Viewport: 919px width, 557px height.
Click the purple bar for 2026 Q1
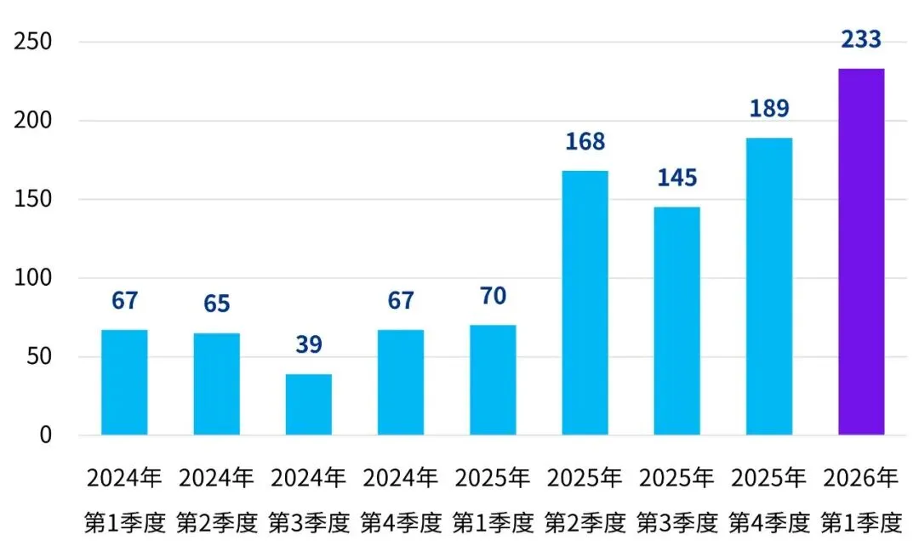pyautogui.click(x=861, y=252)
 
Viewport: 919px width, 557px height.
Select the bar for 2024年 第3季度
pyautogui.click(x=308, y=405)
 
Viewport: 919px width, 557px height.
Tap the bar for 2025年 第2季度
pyautogui.click(x=585, y=303)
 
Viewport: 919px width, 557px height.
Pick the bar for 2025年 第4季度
pyautogui.click(x=769, y=287)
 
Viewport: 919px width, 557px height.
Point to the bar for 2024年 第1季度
pyautogui.click(x=124, y=383)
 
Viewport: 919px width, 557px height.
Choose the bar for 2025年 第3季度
pyautogui.click(x=677, y=321)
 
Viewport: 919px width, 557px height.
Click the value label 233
pyautogui.click(x=861, y=39)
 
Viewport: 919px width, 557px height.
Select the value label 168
pyautogui.click(x=585, y=140)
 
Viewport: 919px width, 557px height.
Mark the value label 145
pyautogui.click(x=677, y=178)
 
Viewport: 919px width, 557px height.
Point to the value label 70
pyautogui.click(x=493, y=296)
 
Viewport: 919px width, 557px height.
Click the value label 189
pyautogui.click(x=769, y=109)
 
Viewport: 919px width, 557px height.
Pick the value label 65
pyautogui.click(x=216, y=304)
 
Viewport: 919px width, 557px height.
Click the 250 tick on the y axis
pyautogui.click(x=33, y=42)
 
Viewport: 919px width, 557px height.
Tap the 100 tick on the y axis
pyautogui.click(x=33, y=278)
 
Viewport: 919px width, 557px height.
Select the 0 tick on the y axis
pyautogui.click(x=45, y=435)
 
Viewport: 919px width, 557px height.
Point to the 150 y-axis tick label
pyautogui.click(x=33, y=200)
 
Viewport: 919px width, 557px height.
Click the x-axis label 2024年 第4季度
pyautogui.click(x=401, y=500)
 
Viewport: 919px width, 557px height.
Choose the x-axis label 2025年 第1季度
pyautogui.click(x=493, y=500)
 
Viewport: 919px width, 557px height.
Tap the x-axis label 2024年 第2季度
pyautogui.click(x=216, y=500)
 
